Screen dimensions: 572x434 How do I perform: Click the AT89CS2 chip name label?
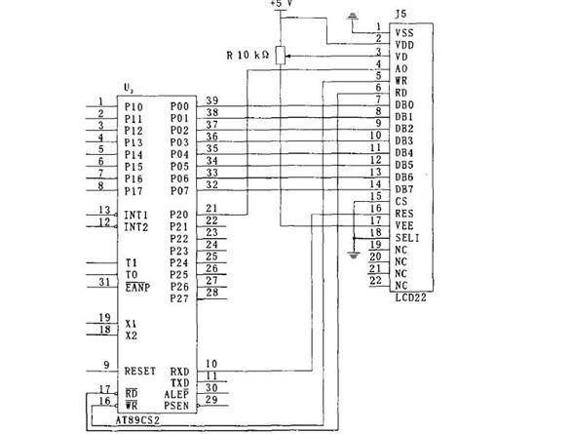coord(137,420)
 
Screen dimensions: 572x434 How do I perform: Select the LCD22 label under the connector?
coord(411,297)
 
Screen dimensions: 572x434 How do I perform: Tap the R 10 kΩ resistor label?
coord(248,56)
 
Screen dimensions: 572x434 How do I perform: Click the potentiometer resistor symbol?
coord(281,56)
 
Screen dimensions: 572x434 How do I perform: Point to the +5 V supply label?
coord(282,3)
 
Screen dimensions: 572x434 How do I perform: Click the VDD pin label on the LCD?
coord(404,45)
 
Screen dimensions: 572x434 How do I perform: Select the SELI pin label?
coord(407,238)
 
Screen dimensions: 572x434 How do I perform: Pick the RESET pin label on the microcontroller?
coord(140,372)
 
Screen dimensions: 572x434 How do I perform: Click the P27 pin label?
coord(179,298)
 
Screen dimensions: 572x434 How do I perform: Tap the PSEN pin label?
coord(176,406)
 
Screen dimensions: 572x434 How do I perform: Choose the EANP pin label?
coord(137,288)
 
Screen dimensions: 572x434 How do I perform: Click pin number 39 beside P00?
coord(212,100)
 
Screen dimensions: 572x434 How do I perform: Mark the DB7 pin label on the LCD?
coord(404,189)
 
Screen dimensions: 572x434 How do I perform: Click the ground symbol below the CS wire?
coord(354,255)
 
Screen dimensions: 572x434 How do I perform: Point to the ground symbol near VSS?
coord(353,16)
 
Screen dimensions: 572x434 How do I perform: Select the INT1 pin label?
coord(136,215)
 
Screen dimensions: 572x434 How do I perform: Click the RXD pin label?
coord(180,372)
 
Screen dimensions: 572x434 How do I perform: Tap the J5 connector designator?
coord(400,15)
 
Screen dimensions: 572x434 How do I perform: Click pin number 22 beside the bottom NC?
coord(375,280)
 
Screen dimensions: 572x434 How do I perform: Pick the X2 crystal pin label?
coord(132,335)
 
